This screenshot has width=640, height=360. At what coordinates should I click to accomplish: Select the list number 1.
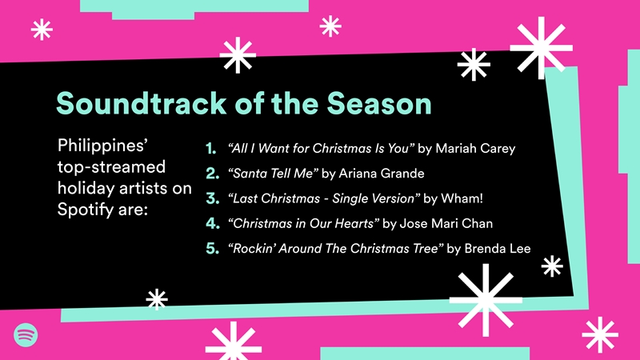pyautogui.click(x=212, y=149)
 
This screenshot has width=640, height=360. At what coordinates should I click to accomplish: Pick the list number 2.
pyautogui.click(x=212, y=174)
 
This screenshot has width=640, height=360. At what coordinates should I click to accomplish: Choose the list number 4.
pyautogui.click(x=212, y=223)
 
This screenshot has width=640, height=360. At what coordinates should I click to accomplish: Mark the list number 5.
pyautogui.click(x=212, y=248)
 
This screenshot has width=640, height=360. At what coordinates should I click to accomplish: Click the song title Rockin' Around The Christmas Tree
pyautogui.click(x=335, y=248)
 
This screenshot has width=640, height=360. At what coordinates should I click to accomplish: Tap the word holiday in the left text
pyautogui.click(x=86, y=189)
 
